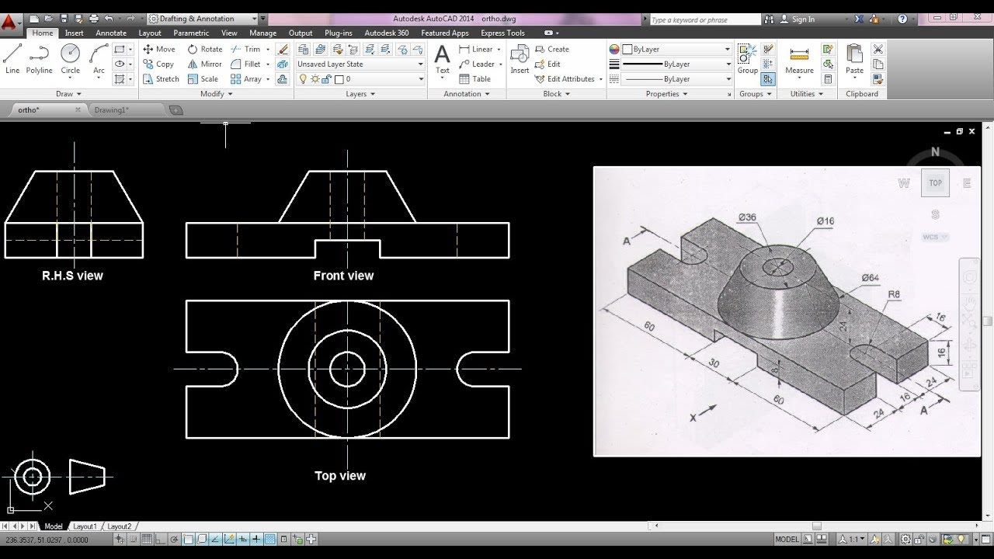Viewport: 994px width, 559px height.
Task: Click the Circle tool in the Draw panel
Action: point(71,59)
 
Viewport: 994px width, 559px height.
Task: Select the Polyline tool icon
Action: point(39,59)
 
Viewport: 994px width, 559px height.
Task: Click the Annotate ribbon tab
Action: point(110,33)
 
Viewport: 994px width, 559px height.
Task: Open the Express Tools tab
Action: point(502,33)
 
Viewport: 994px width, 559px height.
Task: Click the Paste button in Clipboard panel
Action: point(854,59)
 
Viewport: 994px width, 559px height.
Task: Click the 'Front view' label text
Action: point(343,276)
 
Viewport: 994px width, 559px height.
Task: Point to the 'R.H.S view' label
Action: point(72,276)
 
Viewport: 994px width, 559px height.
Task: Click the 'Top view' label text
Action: point(340,476)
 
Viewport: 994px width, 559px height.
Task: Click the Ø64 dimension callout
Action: point(870,278)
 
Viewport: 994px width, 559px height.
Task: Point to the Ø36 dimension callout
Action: point(746,217)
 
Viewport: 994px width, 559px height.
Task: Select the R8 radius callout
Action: point(894,294)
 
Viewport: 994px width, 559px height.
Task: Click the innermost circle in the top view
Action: point(347,369)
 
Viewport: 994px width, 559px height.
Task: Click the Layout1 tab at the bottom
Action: point(85,526)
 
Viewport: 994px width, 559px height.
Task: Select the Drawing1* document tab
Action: point(112,110)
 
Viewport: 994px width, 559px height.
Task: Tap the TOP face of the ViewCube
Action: point(935,183)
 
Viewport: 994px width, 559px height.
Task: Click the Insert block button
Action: point(520,59)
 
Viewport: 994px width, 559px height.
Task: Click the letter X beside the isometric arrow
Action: point(693,418)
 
